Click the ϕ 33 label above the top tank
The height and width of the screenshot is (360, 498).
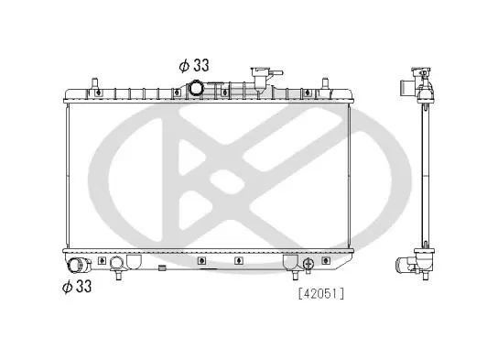coord(194,65)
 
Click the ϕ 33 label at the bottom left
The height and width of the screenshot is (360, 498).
coord(77,286)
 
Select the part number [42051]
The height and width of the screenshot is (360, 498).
coord(321,294)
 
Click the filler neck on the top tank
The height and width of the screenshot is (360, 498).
coord(261,79)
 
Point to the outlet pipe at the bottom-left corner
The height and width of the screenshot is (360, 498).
coord(77,266)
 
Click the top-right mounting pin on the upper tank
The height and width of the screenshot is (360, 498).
coord(325,83)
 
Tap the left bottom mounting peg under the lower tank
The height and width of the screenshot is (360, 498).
coord(118,275)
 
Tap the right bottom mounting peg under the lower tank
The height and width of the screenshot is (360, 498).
coord(295,275)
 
